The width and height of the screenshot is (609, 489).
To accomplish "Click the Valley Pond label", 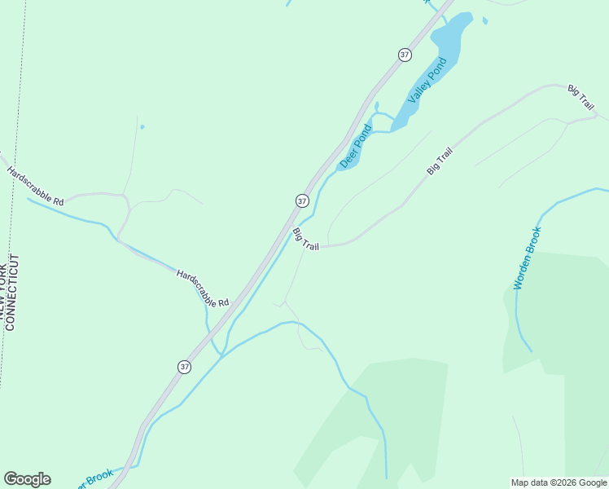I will [x=427, y=81].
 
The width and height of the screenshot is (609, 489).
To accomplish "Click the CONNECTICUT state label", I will [x=12, y=292].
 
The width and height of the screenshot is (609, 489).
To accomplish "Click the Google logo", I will [x=27, y=479].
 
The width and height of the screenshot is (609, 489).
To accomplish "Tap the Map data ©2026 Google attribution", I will [x=559, y=482].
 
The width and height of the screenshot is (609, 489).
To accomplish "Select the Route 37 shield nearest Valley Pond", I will [x=405, y=55].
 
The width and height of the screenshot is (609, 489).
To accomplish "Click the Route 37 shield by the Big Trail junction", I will [x=302, y=200].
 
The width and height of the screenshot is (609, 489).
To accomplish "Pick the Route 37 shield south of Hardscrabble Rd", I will [x=185, y=367].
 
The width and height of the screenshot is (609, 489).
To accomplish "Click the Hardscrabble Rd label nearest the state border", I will [x=35, y=186].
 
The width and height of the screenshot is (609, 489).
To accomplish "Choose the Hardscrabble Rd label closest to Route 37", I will [x=203, y=289].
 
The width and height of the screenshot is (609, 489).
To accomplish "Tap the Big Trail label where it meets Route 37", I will [x=306, y=239].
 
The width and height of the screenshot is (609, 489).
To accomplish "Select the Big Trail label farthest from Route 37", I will [x=581, y=97].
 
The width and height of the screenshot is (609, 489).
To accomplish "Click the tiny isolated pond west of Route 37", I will [x=142, y=127].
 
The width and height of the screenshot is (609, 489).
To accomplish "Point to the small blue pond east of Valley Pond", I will [x=485, y=21].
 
